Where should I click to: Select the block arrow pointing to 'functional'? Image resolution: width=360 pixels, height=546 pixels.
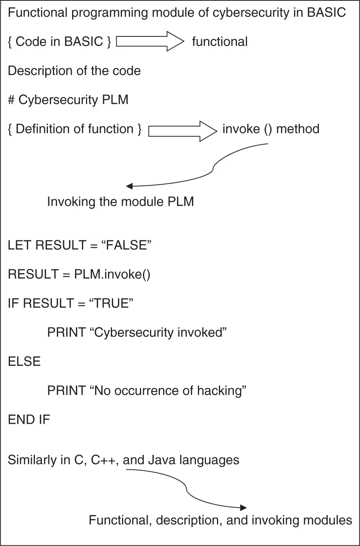tap(150, 41)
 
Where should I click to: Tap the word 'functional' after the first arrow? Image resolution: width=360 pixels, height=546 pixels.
tap(220, 42)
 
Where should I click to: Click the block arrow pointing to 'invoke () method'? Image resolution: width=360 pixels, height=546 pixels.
tap(182, 131)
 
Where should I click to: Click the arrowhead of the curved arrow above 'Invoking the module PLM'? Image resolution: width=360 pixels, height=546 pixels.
tap(130, 186)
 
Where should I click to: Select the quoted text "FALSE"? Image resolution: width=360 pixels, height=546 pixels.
tap(127, 245)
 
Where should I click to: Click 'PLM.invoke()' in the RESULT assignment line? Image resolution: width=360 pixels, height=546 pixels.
tap(112, 274)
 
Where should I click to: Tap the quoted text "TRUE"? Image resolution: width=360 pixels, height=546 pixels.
tap(111, 303)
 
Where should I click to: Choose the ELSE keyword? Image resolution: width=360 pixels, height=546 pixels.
tap(24, 362)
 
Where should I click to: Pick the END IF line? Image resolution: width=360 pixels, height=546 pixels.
tap(29, 420)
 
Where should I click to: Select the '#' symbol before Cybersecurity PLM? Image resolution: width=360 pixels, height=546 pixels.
tap(11, 100)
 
